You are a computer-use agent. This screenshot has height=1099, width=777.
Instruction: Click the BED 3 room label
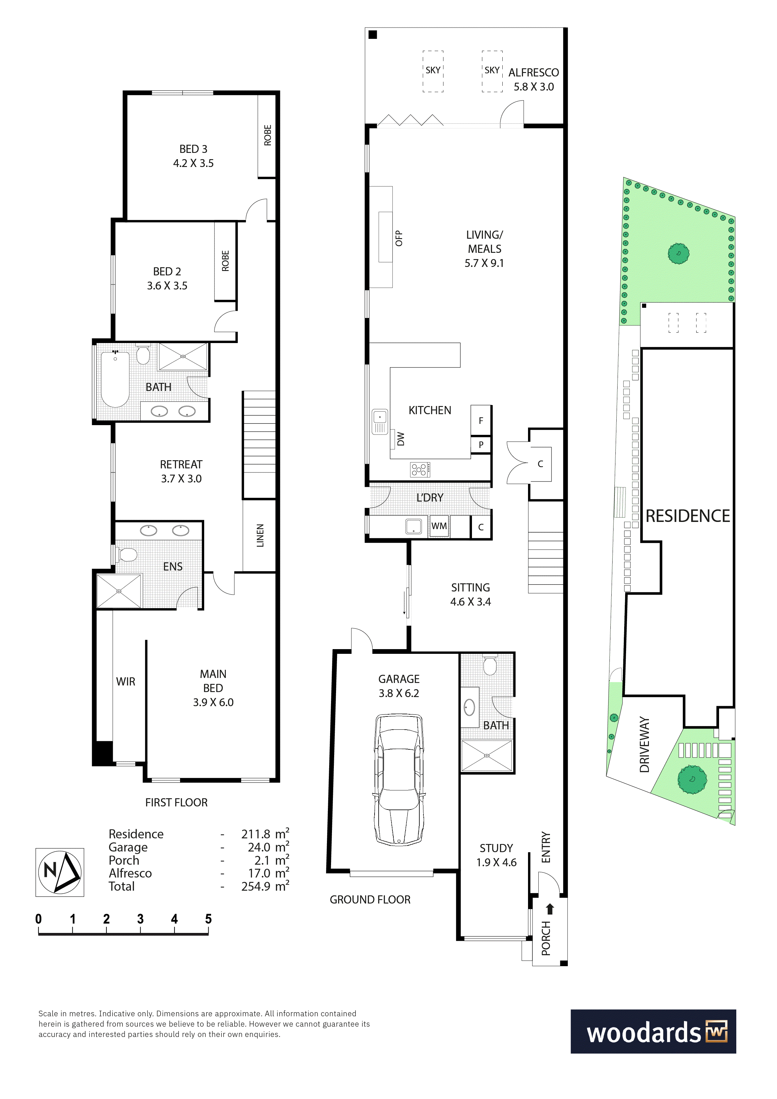pyautogui.click(x=193, y=156)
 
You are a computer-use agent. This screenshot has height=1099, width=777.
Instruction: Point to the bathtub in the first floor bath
pyautogui.click(x=115, y=379)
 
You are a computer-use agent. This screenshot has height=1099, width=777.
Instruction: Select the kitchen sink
pyautogui.click(x=380, y=422)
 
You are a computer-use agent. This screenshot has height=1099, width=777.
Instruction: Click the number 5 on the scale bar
pyautogui.click(x=208, y=919)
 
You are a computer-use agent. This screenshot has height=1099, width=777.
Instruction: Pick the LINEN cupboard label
pyautogui.click(x=260, y=536)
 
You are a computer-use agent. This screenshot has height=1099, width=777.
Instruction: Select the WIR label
pyautogui.click(x=126, y=682)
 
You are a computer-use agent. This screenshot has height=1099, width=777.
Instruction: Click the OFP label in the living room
pyautogui.click(x=399, y=238)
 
